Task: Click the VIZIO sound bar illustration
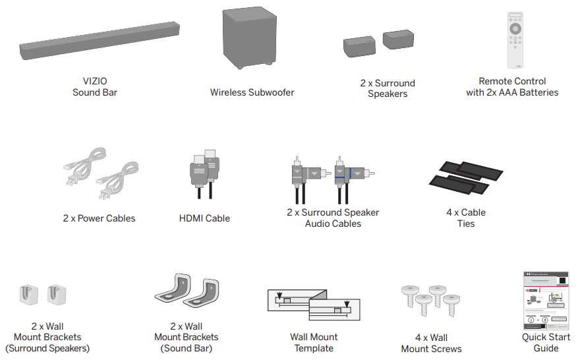point(99,42)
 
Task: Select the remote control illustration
point(515,40)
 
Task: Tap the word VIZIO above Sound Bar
point(95,81)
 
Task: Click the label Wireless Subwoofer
point(252,92)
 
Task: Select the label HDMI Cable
point(204,218)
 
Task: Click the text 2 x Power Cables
point(99,218)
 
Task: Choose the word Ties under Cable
point(465,224)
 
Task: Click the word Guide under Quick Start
point(546,348)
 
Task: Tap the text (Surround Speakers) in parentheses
point(47,348)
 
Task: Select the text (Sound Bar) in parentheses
point(186,348)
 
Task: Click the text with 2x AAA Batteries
point(512,92)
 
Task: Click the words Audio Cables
point(333,224)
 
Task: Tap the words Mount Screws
point(432,349)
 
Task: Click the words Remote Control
point(512,81)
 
